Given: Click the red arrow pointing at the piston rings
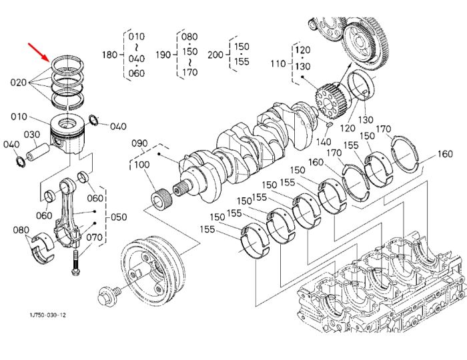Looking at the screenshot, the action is coord(39,52).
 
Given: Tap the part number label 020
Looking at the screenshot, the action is coord(19,82).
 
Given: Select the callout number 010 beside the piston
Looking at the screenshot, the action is coord(19,117).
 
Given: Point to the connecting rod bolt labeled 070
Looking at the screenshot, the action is coord(75,263).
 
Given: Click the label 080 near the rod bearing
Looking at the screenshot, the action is coord(21,230).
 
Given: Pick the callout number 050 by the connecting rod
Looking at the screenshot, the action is coord(119,217).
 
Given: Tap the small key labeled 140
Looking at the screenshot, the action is coord(329,125).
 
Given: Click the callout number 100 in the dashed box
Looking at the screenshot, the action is coord(142,165).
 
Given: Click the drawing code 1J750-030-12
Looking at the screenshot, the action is coord(47,315).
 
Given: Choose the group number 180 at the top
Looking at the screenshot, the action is coord(110,55).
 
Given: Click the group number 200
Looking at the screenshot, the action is coord(215,55).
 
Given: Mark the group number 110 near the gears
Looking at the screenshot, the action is coord(278,64).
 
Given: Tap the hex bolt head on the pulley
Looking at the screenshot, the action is coord(105,297).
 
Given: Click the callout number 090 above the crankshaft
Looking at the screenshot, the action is coord(139,143).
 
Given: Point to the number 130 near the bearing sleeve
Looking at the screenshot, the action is coord(366,119).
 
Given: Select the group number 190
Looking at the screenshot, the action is coord(163,55).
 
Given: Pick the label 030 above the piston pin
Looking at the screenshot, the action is coord(32,135).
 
